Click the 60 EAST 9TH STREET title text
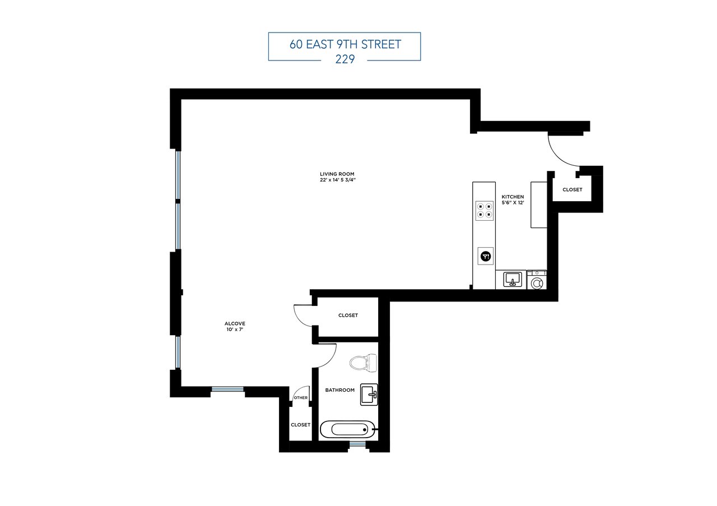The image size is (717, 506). click(x=344, y=44)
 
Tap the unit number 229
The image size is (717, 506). click(x=344, y=60)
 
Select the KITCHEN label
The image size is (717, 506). click(x=513, y=197)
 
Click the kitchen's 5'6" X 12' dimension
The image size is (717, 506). click(x=513, y=203)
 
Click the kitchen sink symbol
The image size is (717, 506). click(x=513, y=279)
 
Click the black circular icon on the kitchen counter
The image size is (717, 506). click(x=485, y=256)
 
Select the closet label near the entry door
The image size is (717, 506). click(x=572, y=189)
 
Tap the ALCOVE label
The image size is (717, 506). click(x=235, y=323)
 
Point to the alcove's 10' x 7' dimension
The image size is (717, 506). click(x=235, y=330)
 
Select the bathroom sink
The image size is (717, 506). click(x=369, y=394)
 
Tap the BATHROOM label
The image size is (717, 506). click(x=340, y=390)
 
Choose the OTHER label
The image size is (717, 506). click(x=301, y=398)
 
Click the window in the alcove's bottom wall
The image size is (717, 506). click(x=228, y=389)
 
